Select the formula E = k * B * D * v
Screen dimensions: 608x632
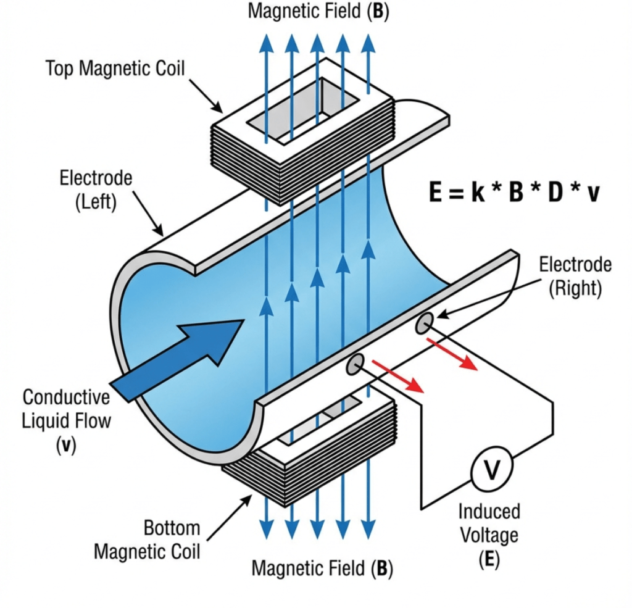coord(513,193)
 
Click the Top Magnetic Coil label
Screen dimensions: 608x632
coord(115,68)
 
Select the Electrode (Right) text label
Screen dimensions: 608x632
coord(575,276)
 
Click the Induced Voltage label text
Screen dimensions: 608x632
coord(489,522)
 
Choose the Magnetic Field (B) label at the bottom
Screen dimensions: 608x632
coord(322,568)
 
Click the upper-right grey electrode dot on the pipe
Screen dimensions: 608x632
coord(424,323)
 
